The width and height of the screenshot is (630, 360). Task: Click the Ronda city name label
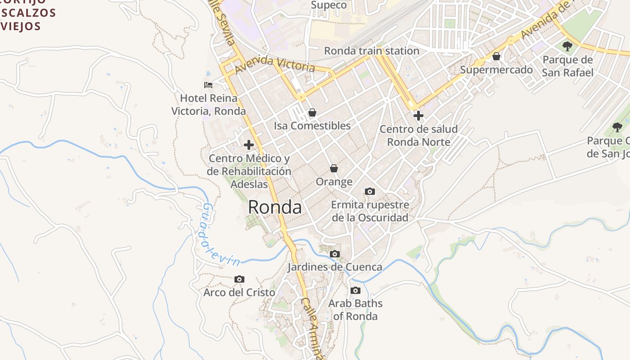274,207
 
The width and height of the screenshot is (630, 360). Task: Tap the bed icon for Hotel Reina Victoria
208,85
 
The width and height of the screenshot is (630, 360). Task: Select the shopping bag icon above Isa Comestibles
312,112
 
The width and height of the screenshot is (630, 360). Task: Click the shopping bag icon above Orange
334,168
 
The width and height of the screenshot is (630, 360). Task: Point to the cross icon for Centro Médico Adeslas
248,145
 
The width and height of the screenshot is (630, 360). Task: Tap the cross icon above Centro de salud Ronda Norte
418,116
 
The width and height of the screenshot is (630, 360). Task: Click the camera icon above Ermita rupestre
370,192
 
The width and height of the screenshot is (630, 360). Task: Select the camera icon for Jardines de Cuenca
334,254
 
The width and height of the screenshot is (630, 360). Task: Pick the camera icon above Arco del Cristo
239,279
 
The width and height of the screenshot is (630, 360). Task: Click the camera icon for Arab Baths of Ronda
355,290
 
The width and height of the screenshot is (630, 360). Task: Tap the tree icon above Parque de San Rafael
567,46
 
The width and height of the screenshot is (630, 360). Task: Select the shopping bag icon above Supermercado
496,56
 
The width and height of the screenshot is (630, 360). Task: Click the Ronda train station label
372,51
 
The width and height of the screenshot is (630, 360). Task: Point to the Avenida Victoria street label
274,64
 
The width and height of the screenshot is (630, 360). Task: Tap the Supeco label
329,5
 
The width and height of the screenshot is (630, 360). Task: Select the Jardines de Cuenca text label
335,267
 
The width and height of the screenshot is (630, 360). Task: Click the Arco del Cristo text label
239,292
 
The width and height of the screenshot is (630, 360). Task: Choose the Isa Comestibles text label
312,126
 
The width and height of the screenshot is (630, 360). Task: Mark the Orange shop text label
334,182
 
